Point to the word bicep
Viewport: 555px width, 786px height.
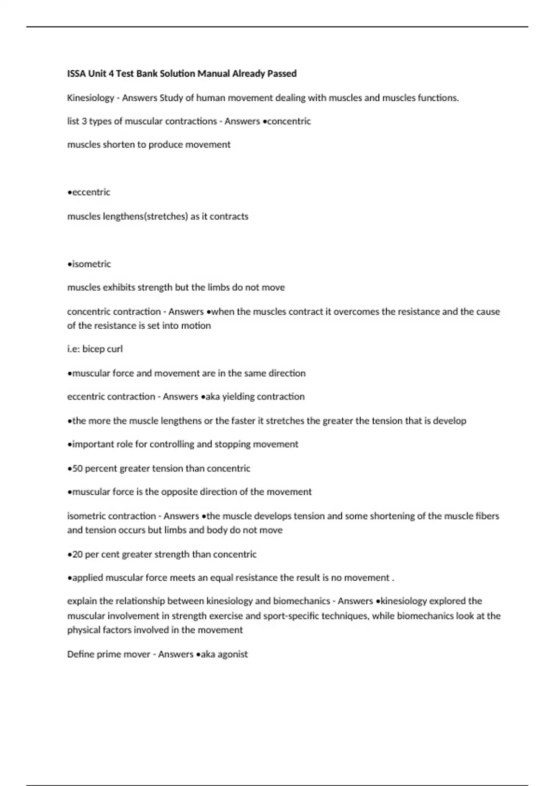94,349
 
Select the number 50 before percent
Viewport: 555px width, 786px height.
77,468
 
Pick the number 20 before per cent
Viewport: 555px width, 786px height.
77,554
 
